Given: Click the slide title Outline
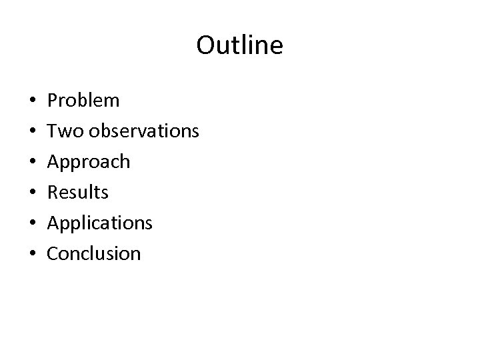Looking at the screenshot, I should [x=240, y=45].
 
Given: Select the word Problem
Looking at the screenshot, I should [x=84, y=101].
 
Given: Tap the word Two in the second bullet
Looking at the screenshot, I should [x=64, y=131].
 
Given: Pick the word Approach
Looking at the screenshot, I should [x=89, y=162].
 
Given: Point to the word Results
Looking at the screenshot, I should [x=78, y=192].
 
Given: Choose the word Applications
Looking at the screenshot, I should [x=100, y=223].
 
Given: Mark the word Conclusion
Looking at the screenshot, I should [x=95, y=253].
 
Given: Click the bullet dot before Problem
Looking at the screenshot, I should [x=33, y=101].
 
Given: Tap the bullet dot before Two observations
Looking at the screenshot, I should [x=33, y=132].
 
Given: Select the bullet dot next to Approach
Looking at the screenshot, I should [x=33, y=163].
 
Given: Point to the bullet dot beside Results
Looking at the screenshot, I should [x=33, y=193].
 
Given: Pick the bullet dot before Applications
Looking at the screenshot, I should [x=33, y=223].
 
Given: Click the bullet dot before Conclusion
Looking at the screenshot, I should [x=33, y=254].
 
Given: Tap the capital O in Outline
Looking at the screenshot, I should [x=206, y=45].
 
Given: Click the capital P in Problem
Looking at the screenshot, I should [x=53, y=101].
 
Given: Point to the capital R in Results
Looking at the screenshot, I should [x=53, y=192].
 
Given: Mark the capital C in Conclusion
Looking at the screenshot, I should [x=54, y=253].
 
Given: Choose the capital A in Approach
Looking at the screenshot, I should [x=54, y=161].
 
